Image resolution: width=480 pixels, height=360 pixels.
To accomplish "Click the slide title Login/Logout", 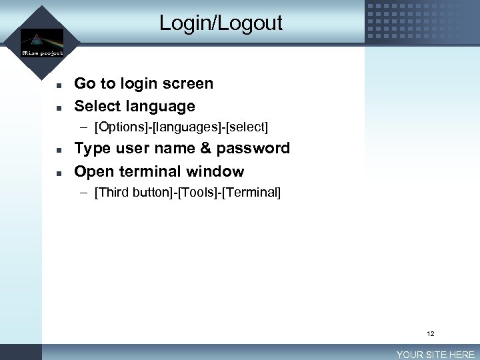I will click(x=221, y=23).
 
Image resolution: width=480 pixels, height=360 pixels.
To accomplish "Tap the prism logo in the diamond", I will click(x=42, y=39).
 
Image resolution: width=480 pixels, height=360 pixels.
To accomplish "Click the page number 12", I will click(x=431, y=333).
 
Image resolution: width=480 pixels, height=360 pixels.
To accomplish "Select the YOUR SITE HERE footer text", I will click(x=435, y=355).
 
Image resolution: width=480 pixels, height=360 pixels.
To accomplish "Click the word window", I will click(x=215, y=171).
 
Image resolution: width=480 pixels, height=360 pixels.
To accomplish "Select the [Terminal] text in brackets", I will click(x=253, y=193).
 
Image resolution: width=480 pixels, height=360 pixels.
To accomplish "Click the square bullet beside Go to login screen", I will click(x=59, y=85).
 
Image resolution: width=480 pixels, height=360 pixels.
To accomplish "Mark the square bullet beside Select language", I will click(x=59, y=107).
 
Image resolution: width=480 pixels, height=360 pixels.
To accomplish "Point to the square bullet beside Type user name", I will click(x=59, y=149).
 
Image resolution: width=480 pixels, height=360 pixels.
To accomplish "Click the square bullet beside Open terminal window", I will click(x=59, y=173).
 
